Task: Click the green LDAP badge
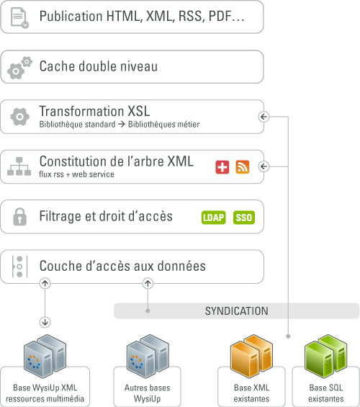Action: [213, 218]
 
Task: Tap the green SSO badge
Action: [244, 218]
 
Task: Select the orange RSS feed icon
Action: [243, 167]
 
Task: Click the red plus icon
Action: [222, 167]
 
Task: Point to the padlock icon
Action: [19, 217]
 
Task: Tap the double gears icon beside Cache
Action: [19, 68]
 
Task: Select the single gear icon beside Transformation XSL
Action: [19, 117]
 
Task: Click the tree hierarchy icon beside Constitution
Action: [19, 166]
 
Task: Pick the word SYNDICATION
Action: [237, 311]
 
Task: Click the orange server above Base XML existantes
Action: [251, 356]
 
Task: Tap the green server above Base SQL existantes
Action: [326, 356]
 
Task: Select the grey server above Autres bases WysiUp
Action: [148, 356]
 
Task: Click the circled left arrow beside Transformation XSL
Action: [264, 117]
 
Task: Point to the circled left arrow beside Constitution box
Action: [264, 166]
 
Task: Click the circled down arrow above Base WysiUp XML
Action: [45, 323]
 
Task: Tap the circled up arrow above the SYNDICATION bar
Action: [148, 283]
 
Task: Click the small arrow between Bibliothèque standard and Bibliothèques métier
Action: [122, 125]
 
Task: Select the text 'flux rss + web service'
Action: [76, 174]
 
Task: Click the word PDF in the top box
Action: [220, 17]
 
